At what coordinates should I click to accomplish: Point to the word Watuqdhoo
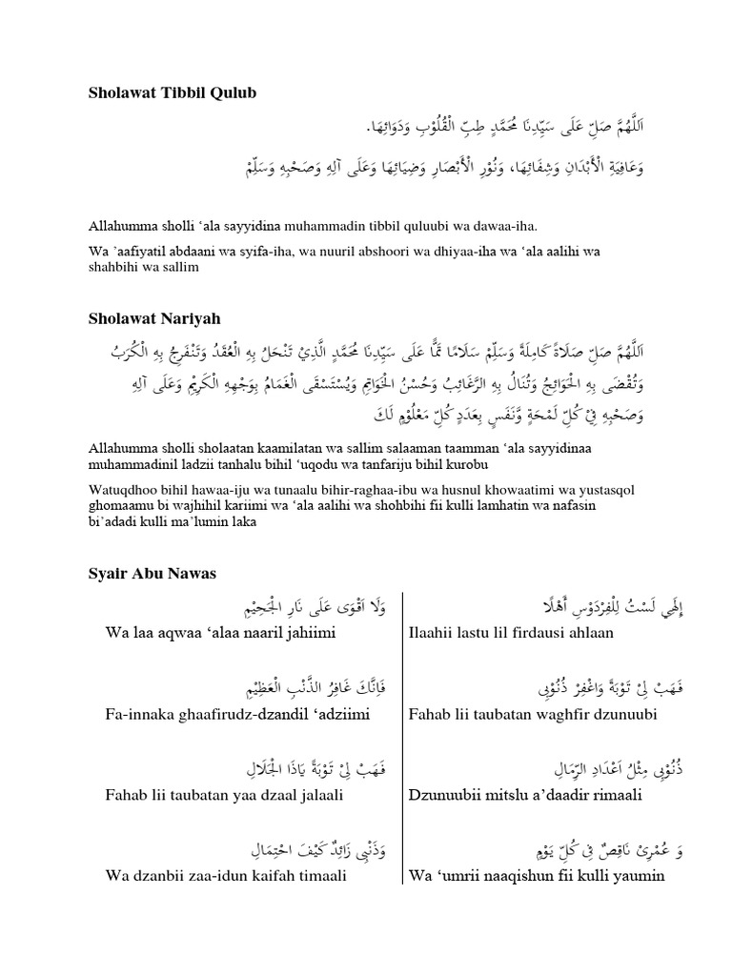pos(117,490)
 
